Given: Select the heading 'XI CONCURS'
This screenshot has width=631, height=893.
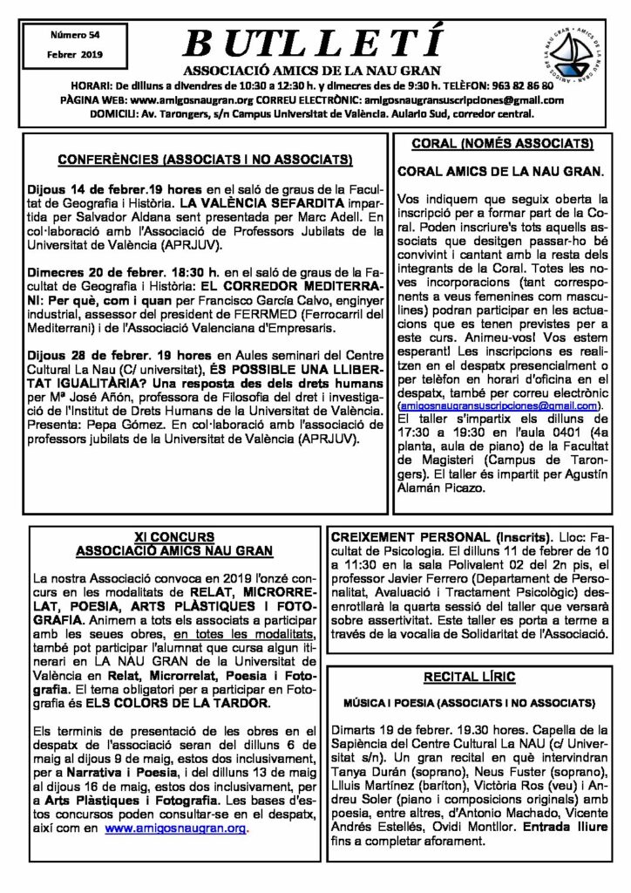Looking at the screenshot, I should tap(173, 536).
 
